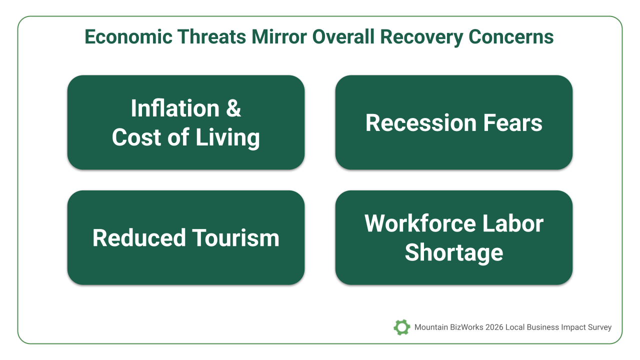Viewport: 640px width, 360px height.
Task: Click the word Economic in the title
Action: (x=128, y=37)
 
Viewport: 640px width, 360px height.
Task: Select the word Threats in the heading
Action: (x=211, y=37)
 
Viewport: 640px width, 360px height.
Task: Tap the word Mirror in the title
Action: (x=279, y=37)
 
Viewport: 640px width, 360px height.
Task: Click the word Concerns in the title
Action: (x=511, y=37)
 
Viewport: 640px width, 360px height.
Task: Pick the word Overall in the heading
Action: (x=343, y=37)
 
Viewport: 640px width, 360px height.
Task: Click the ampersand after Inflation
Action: (x=233, y=108)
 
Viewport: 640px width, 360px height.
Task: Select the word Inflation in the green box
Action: (x=175, y=108)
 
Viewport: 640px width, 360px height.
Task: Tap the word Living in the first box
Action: (x=227, y=138)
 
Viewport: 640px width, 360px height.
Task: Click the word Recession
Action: (x=421, y=123)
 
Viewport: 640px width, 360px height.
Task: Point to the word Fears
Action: (x=512, y=123)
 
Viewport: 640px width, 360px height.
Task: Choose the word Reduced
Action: (x=139, y=238)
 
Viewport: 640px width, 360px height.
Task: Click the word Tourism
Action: (x=235, y=238)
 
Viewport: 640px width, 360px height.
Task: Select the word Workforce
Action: (x=420, y=223)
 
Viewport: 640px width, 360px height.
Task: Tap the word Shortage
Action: (x=454, y=253)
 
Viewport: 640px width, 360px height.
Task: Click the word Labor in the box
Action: (x=513, y=223)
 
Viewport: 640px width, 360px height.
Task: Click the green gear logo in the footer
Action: (x=401, y=327)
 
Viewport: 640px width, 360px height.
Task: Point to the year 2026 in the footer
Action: (x=494, y=327)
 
